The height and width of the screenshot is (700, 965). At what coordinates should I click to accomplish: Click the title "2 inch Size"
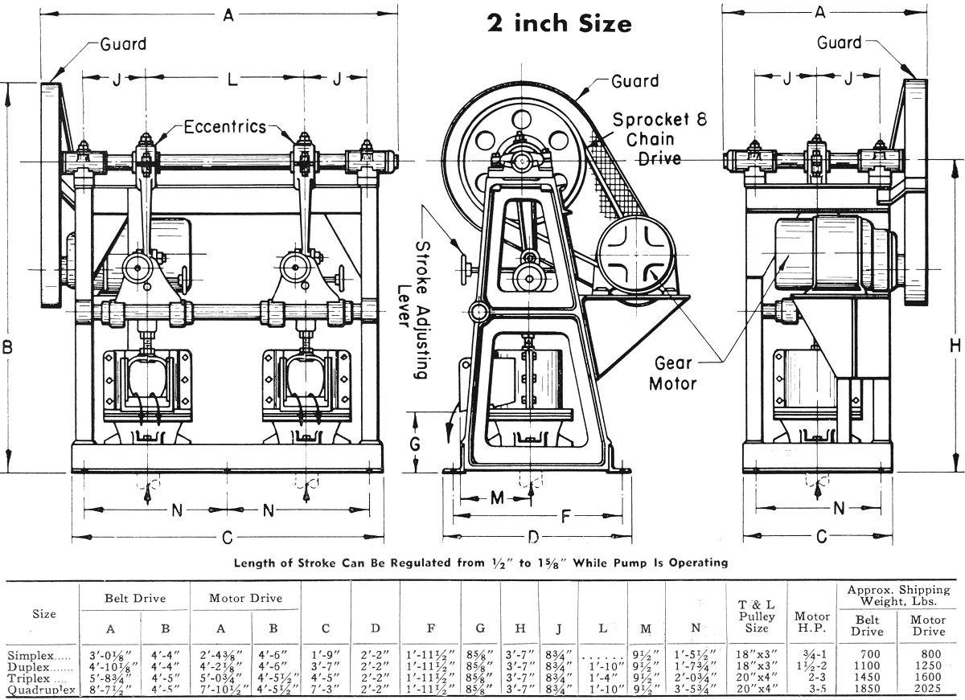(560, 23)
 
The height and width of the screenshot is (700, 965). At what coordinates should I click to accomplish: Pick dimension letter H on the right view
(955, 346)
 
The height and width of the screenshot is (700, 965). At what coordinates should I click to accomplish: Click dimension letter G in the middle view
(415, 444)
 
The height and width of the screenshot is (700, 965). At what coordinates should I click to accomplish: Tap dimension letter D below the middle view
(533, 536)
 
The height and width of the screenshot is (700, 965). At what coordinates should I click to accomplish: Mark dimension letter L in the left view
(232, 79)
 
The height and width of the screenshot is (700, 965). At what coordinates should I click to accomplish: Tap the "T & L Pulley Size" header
(756, 616)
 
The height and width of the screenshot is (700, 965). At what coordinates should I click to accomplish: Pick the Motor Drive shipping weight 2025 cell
(927, 689)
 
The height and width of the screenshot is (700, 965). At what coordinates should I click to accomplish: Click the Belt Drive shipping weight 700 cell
(868, 655)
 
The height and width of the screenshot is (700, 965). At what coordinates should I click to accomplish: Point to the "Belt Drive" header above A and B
(135, 598)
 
